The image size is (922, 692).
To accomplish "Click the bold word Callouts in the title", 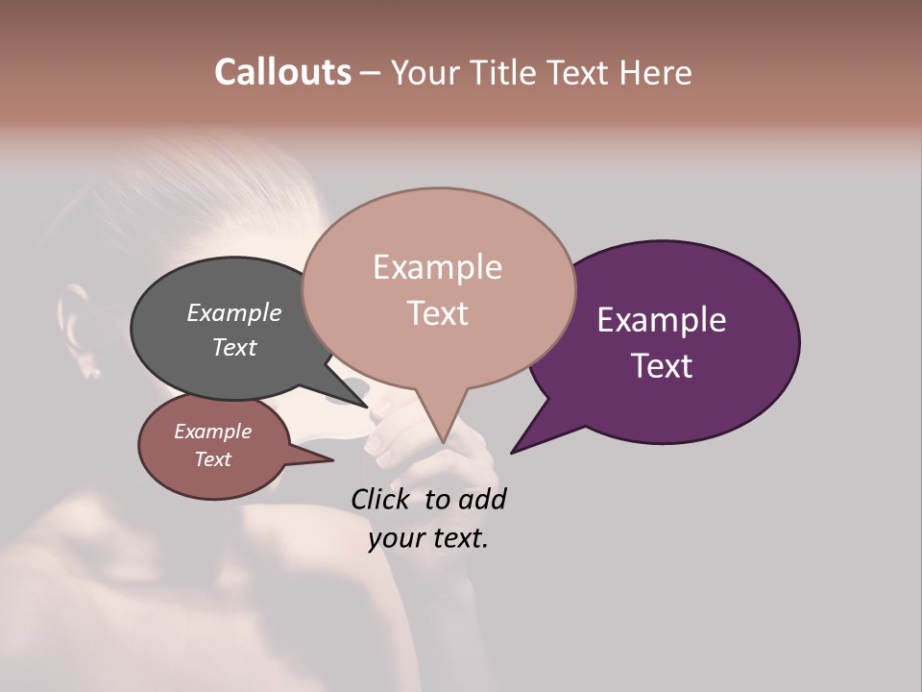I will click(x=282, y=72).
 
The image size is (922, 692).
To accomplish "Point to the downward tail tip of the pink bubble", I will click(x=443, y=442).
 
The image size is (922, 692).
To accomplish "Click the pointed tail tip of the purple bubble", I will click(x=512, y=452).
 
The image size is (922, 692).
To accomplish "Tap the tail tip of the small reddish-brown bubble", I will click(x=331, y=460).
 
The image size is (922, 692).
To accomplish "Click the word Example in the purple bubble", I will click(x=661, y=320).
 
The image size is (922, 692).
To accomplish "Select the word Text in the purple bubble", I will click(x=663, y=366).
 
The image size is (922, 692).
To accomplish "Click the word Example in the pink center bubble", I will click(x=437, y=267).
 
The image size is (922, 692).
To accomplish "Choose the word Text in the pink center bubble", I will click(x=437, y=313).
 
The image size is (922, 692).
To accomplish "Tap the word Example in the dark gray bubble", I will click(x=234, y=312).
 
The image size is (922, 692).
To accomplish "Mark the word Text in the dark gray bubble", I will click(x=234, y=347).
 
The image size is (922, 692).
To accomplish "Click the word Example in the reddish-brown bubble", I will click(x=212, y=432).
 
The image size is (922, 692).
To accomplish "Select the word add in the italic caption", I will click(x=483, y=499).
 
